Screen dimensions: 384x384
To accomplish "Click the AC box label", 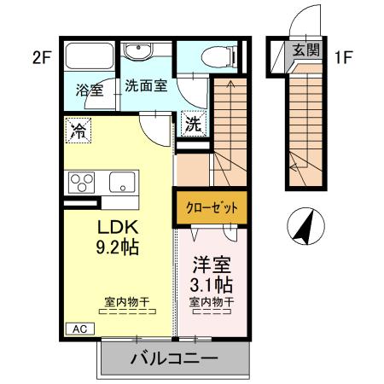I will pos(78,328).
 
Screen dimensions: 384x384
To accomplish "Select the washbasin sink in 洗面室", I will pos(137,53).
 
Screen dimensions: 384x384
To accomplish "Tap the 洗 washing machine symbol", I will pos(194,123).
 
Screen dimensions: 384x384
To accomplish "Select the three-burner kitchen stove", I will pos(83,183).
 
